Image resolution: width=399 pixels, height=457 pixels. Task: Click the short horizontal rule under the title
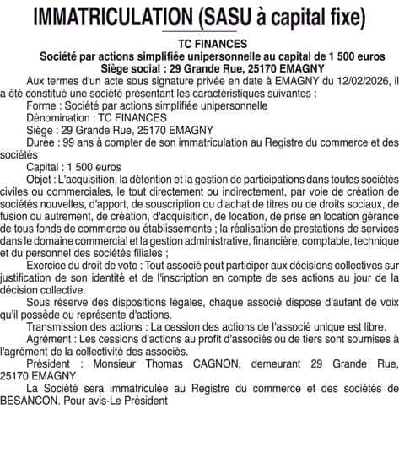click(x=200, y=32)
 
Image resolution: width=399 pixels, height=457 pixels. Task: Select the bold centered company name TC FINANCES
click(x=200, y=44)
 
